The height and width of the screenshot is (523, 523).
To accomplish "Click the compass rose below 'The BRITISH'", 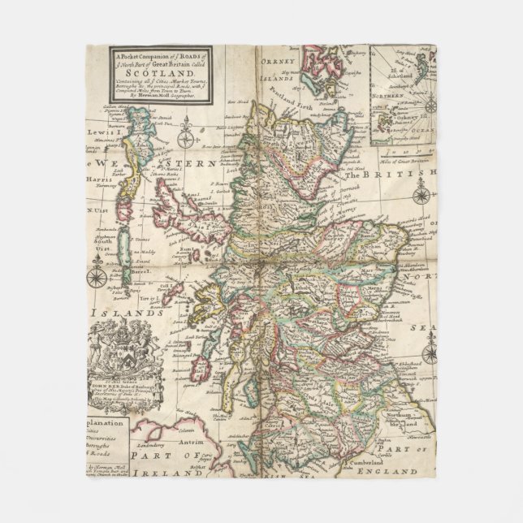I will tap(421, 194).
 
